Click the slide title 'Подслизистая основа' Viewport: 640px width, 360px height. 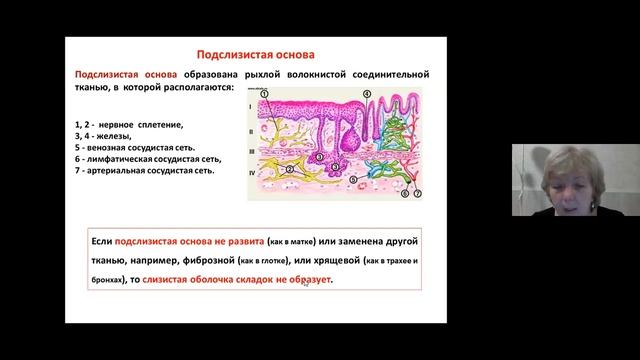[253, 57]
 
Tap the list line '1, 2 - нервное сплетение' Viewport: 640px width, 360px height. [129, 125]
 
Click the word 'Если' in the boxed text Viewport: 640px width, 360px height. [102, 242]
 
